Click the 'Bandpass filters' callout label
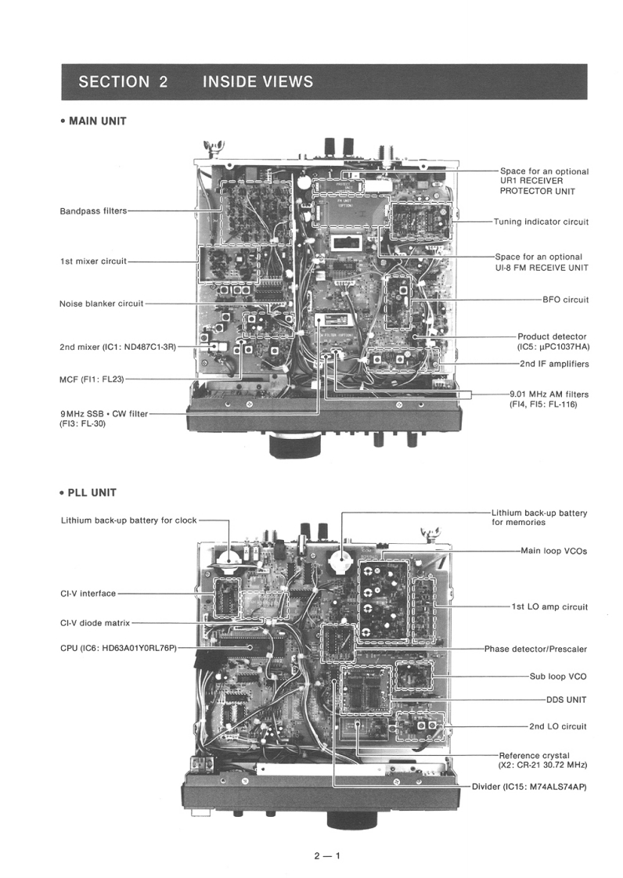click(93, 211)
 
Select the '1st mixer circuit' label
click(93, 261)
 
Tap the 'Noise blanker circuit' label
click(102, 304)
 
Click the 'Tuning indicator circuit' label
click(541, 221)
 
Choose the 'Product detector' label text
click(553, 336)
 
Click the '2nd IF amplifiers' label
click(553, 364)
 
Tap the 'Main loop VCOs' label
click(554, 551)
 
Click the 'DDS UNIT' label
click(566, 699)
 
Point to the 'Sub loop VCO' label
click(558, 676)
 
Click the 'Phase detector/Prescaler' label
click(535, 649)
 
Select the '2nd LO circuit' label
click(557, 726)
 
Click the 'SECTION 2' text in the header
click(123, 81)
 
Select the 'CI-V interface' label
click(88, 593)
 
